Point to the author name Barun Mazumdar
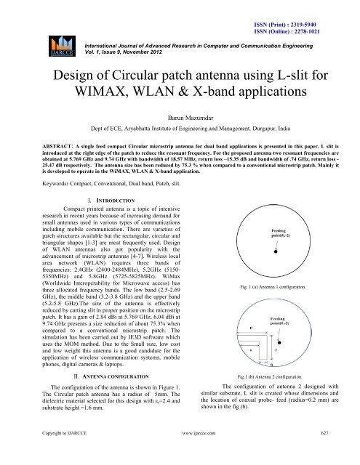tap(178, 124)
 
